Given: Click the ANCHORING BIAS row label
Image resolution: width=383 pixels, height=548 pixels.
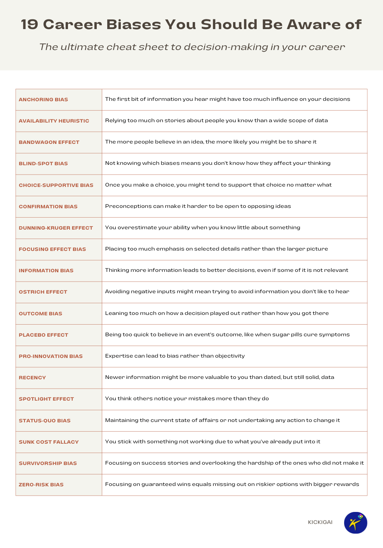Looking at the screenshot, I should click(43, 100).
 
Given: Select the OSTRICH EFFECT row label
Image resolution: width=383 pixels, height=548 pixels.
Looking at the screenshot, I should click(43, 292).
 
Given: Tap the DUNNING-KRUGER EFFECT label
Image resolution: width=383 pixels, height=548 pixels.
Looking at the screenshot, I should click(56, 228).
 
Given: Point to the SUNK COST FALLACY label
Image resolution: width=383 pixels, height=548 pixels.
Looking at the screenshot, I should click(49, 442).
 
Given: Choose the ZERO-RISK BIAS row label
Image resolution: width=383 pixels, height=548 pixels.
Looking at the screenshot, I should click(41, 485).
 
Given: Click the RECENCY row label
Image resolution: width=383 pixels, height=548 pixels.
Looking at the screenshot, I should click(32, 378).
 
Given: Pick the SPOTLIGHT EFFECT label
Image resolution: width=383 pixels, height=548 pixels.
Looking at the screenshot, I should click(46, 399).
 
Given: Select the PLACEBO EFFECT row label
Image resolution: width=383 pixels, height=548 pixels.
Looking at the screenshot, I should click(43, 335).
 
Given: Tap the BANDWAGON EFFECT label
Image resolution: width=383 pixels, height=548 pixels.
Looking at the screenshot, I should click(49, 142).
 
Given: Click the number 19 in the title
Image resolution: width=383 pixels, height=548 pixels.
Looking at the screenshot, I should click(29, 24).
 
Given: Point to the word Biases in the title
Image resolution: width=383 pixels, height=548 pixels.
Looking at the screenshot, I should click(133, 24).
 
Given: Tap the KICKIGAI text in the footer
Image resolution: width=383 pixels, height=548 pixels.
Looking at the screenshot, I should click(320, 522).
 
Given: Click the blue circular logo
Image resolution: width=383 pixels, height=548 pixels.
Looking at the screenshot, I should click(355, 523).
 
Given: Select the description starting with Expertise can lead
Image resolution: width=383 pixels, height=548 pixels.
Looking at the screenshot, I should click(175, 356).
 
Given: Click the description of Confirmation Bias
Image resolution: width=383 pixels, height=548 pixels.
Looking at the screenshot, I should click(198, 206).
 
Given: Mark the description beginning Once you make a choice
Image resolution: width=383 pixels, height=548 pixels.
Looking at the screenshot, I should click(218, 185).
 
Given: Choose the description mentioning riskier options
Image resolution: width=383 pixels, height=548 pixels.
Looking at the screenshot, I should click(232, 484).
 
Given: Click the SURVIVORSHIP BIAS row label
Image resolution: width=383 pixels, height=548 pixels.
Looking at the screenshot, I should click(48, 463).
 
